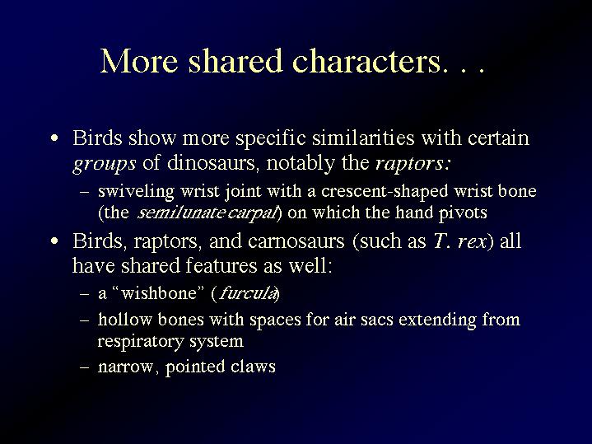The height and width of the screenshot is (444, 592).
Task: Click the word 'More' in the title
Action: point(139,60)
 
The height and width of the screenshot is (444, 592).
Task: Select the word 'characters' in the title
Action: point(366,60)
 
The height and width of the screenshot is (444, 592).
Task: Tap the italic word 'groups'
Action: point(105,164)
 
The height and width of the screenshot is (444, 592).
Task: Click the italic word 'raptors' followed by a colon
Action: point(413,164)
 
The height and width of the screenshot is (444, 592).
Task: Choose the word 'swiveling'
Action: point(136,192)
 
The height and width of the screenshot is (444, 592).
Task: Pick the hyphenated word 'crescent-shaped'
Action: point(385,192)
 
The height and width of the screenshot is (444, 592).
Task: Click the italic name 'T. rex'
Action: point(459,241)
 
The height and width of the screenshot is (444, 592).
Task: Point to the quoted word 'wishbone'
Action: point(160,293)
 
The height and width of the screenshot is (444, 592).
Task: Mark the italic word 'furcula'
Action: point(247,293)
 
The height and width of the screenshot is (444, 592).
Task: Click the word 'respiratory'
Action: point(141,342)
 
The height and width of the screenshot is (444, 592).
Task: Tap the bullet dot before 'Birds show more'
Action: point(54,138)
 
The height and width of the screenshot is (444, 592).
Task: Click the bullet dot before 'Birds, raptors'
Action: point(54,241)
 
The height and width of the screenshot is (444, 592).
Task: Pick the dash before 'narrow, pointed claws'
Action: point(85,367)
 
